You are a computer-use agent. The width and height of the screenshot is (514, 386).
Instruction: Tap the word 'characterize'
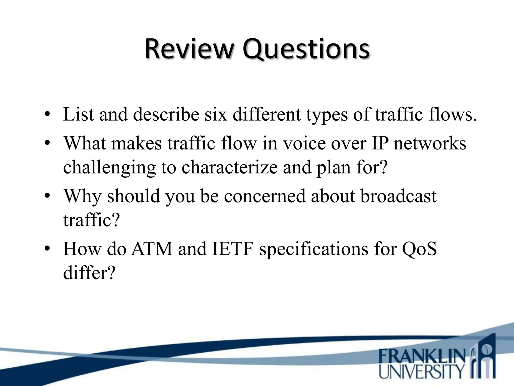pos(229,167)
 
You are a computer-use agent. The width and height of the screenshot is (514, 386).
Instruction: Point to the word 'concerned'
pos(265,196)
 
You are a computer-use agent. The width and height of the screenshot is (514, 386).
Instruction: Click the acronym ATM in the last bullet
pos(152,249)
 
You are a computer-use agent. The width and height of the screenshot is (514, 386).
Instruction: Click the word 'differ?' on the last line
pos(89,273)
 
